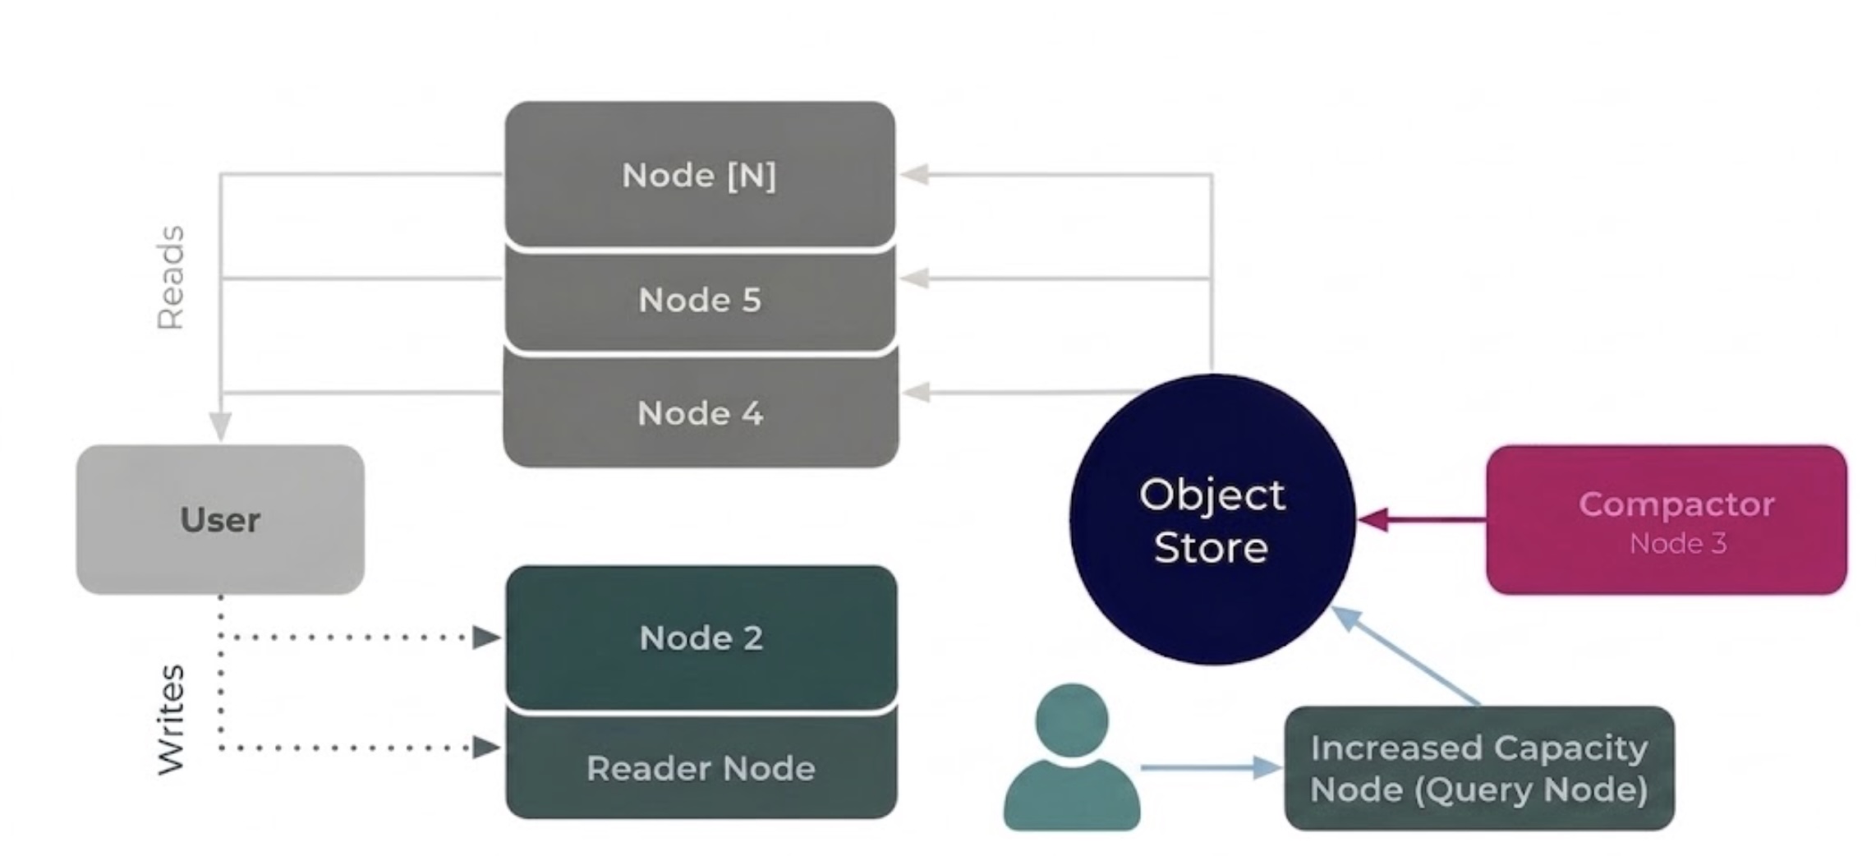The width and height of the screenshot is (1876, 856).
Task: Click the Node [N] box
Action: pos(700,174)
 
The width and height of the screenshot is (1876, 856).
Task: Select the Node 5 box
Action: pos(700,300)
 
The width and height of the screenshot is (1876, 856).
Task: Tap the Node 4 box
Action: pos(700,412)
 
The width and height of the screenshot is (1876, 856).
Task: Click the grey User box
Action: pos(220,519)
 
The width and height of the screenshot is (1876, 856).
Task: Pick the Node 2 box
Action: pos(701,637)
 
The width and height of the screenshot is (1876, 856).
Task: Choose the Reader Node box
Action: pos(701,768)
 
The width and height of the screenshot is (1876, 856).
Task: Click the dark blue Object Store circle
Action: pos(1212,520)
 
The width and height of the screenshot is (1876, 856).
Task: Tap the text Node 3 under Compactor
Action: pos(1677,544)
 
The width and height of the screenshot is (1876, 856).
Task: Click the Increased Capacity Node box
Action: pos(1478,768)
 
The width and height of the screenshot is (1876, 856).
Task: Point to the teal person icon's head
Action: pos(1071,720)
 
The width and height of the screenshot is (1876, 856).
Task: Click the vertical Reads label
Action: pos(171,278)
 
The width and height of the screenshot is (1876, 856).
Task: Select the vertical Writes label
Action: pos(171,719)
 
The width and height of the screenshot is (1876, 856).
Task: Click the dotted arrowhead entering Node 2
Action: pos(486,637)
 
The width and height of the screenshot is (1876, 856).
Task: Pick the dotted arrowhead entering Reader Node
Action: pos(486,748)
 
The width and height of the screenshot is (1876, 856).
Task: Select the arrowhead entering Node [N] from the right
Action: pos(915,174)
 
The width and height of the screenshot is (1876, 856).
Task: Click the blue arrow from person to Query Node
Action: pos(1207,768)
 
